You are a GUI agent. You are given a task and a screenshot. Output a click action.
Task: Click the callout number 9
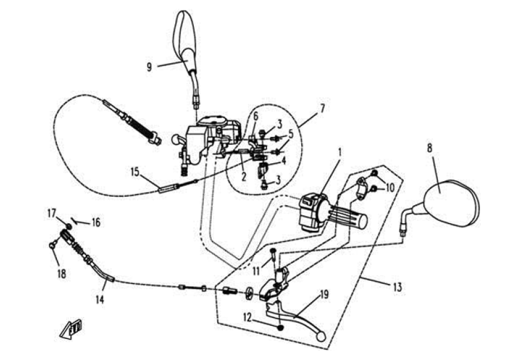[149, 66]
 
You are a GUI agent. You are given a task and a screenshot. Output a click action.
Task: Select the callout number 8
[429, 146]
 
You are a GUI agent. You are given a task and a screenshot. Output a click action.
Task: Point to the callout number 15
[136, 172]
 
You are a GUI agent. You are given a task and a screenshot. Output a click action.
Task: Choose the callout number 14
[100, 298]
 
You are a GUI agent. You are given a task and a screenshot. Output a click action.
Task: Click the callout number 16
[96, 223]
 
